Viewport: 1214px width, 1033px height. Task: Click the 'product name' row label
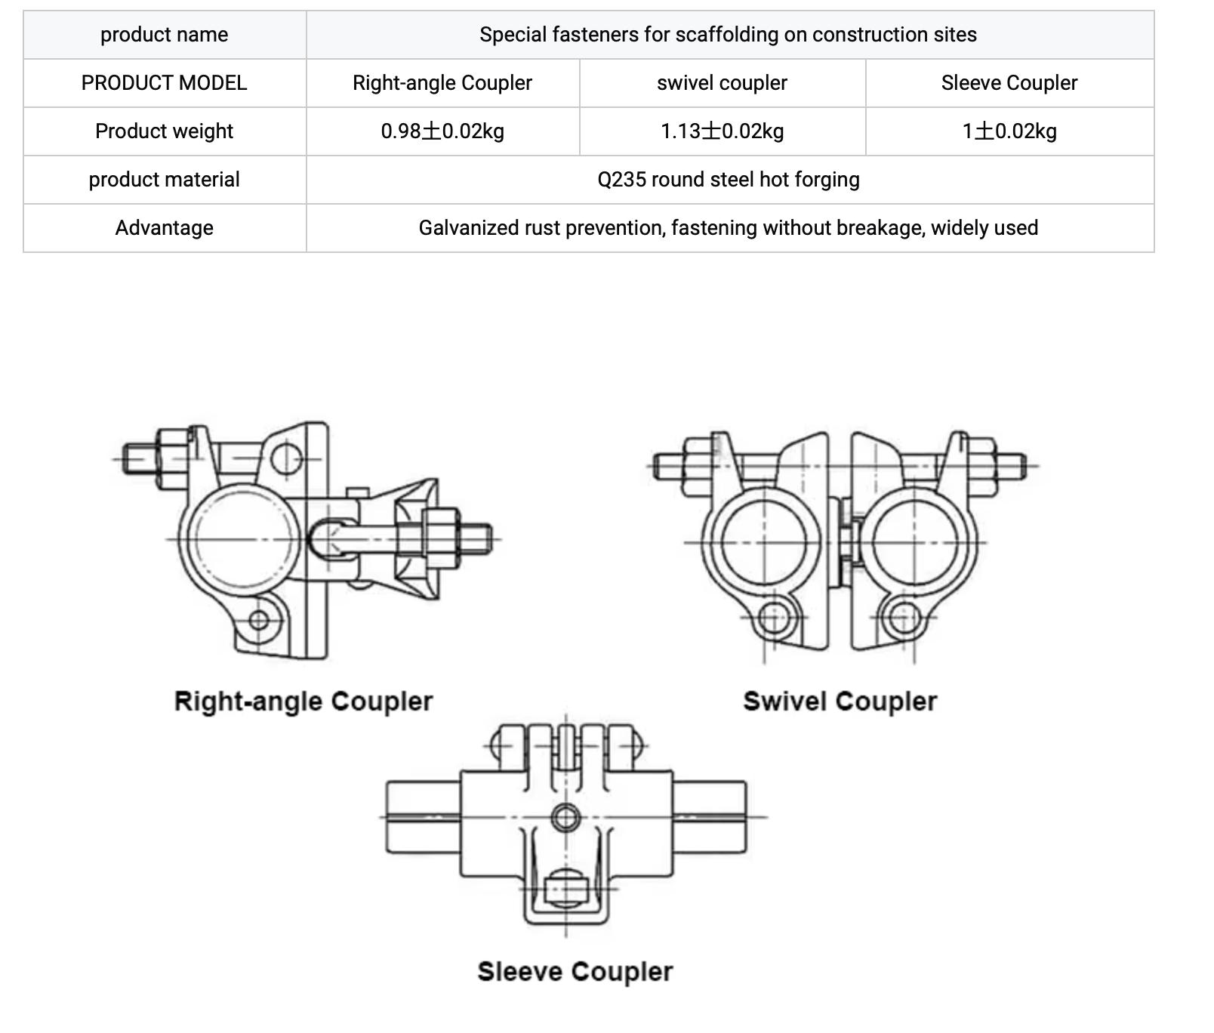(164, 35)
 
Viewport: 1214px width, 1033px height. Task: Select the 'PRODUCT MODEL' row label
(164, 83)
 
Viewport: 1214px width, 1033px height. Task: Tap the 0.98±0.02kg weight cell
(442, 131)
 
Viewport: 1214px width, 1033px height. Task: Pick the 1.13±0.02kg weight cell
(723, 131)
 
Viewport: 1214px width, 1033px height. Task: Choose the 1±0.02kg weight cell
(1009, 131)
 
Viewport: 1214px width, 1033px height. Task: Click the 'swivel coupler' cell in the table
(723, 83)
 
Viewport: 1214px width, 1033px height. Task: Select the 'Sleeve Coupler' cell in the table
(1009, 83)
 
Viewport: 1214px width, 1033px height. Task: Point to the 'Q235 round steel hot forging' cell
(729, 180)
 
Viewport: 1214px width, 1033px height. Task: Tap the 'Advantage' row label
(164, 228)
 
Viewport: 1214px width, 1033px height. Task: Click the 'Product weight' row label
(164, 131)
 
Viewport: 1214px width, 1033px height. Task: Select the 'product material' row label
(164, 180)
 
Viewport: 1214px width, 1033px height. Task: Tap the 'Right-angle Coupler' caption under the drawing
(303, 702)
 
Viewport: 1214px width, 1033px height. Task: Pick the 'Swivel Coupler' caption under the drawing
(840, 702)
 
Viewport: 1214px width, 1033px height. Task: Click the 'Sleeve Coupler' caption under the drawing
(575, 972)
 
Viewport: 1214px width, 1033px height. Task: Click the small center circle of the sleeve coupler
(566, 816)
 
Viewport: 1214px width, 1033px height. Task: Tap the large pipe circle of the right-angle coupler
(188, 539)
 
